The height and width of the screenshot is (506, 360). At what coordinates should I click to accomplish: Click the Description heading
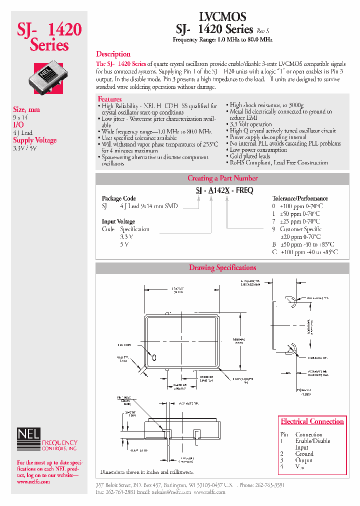pos(113,54)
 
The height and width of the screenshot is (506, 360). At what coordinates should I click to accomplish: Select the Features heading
pos(109,99)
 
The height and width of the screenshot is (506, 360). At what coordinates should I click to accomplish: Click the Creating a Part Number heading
pos(222,178)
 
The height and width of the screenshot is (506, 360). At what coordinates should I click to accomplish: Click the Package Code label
pos(119,198)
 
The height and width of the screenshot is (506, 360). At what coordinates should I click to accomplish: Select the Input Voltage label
pos(118,221)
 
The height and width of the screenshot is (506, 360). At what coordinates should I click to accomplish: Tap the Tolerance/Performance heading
pos(300,198)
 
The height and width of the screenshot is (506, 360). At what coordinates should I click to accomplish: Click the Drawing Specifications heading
pos(222,268)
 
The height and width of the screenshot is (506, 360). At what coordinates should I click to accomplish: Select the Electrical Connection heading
pos(312,421)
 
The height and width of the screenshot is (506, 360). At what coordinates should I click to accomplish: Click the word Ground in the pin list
pos(304,454)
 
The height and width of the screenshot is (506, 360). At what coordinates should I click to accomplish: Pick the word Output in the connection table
pos(304,460)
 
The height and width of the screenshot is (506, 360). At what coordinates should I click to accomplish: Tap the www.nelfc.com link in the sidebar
pos(33,482)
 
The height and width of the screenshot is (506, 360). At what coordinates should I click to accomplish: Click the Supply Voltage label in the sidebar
pos(34,140)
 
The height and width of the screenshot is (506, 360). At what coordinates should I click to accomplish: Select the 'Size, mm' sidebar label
pos(26,109)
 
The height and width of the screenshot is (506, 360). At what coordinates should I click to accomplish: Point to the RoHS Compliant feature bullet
pos(278,162)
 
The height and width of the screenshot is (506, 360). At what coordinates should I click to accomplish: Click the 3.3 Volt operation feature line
pos(251,124)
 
